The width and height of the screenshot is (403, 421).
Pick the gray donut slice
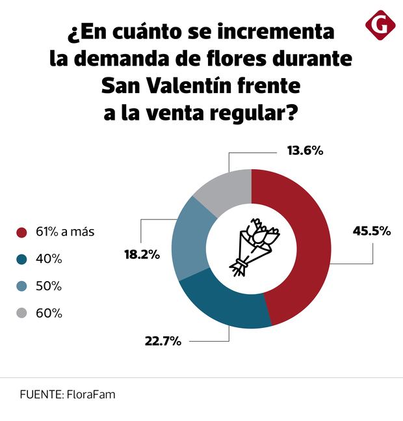[x=224, y=189]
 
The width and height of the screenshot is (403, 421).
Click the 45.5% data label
[x=371, y=230]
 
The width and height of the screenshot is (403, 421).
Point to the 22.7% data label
[x=162, y=341]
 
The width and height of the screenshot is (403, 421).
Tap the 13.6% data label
[x=305, y=151]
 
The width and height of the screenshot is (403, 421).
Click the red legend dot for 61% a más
[x=22, y=232]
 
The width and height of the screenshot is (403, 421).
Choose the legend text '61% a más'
[x=65, y=232]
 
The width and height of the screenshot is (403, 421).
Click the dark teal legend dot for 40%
[x=22, y=259]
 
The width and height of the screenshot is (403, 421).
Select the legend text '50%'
[x=49, y=286]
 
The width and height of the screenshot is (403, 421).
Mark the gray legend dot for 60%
[x=22, y=313]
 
